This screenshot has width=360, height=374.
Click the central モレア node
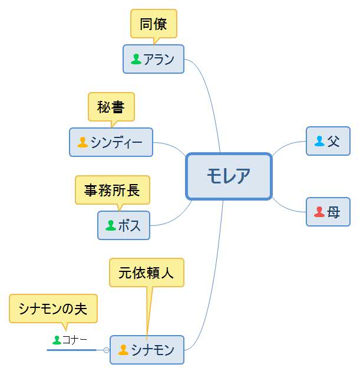click(229, 176)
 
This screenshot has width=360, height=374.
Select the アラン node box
click(153, 59)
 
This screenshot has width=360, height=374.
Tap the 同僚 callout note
click(153, 24)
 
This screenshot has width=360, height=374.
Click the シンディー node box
click(111, 142)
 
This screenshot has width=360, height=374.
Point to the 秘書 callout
click(111, 107)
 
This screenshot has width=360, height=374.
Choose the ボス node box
click(123, 225)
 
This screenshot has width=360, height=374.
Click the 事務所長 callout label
click(112, 190)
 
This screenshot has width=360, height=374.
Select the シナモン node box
click(147, 350)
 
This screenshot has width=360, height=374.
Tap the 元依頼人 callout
click(146, 273)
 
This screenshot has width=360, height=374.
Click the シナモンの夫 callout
click(52, 309)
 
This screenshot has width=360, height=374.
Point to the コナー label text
click(75, 339)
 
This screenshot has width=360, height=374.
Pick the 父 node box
click(328, 141)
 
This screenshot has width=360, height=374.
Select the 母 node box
click(328, 212)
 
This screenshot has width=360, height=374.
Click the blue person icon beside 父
click(319, 141)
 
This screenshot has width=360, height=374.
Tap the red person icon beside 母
click(319, 212)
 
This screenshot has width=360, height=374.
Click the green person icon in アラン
click(136, 59)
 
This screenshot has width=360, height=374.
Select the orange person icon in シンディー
click(82, 142)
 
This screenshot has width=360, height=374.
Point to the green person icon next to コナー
click(57, 339)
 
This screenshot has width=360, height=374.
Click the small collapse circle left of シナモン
click(107, 350)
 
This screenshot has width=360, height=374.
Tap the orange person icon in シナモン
click(123, 350)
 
